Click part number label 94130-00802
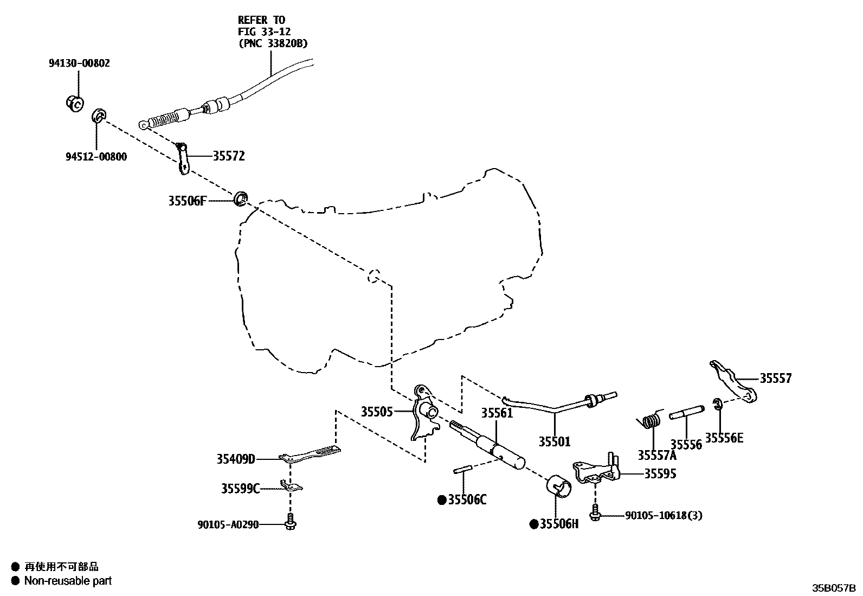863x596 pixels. [x=79, y=63]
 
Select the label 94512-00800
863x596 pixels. [x=96, y=157]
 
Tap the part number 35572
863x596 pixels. [x=228, y=156]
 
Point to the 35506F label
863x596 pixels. [x=187, y=201]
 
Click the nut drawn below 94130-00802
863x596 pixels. [x=74, y=102]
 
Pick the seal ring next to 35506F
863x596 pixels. [x=241, y=199]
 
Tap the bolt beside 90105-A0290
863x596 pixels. [x=291, y=522]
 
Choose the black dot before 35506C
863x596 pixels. [x=442, y=499]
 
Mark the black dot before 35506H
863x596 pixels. [x=533, y=524]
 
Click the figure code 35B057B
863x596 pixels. [x=833, y=587]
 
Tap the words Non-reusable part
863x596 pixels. [x=68, y=581]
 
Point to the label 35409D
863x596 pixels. [x=236, y=459]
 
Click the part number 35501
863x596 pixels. [x=554, y=442]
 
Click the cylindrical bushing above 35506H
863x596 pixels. [x=559, y=486]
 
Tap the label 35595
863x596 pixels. [x=660, y=473]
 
